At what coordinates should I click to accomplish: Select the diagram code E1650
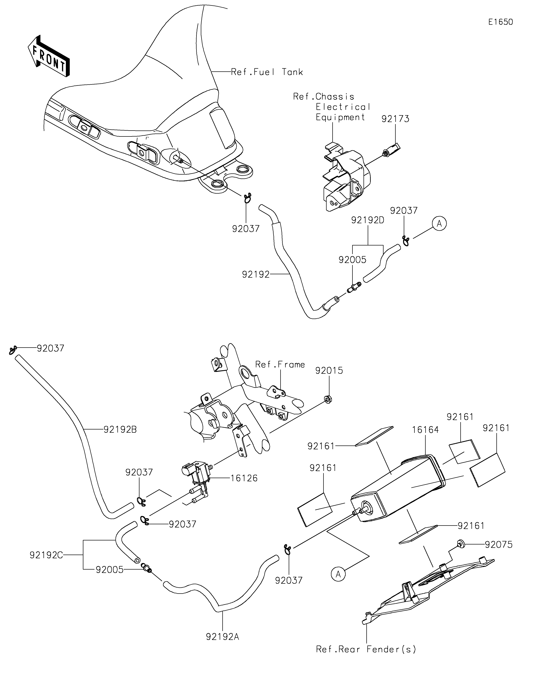(x=501, y=22)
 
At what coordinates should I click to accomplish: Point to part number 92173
(x=395, y=119)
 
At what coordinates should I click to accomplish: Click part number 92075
(x=499, y=545)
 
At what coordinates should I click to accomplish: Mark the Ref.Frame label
(x=280, y=364)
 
